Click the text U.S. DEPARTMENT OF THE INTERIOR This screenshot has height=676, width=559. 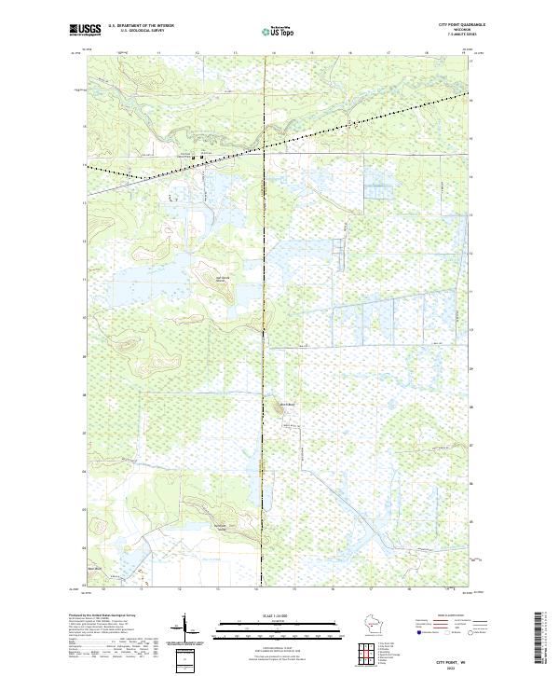pos(141,26)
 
